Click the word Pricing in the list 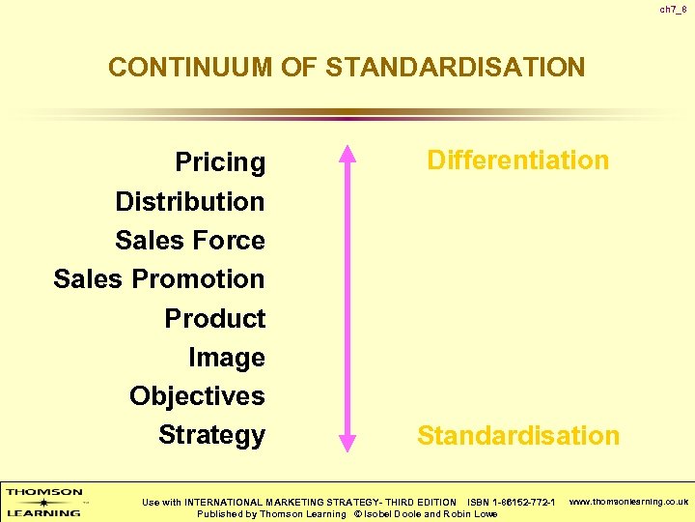coord(220,162)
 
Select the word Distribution coord(189,201)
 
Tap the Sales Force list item coord(189,240)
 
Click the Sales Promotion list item coord(159,278)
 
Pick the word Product coord(214,318)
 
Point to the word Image coord(227,358)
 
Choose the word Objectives coord(197,396)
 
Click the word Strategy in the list coord(211,435)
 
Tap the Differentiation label coord(518,160)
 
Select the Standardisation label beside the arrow coord(518,435)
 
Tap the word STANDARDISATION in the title coord(456,68)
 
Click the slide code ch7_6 coord(674,9)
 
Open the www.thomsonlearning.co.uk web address coord(629,502)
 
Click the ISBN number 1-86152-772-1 coord(524,502)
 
